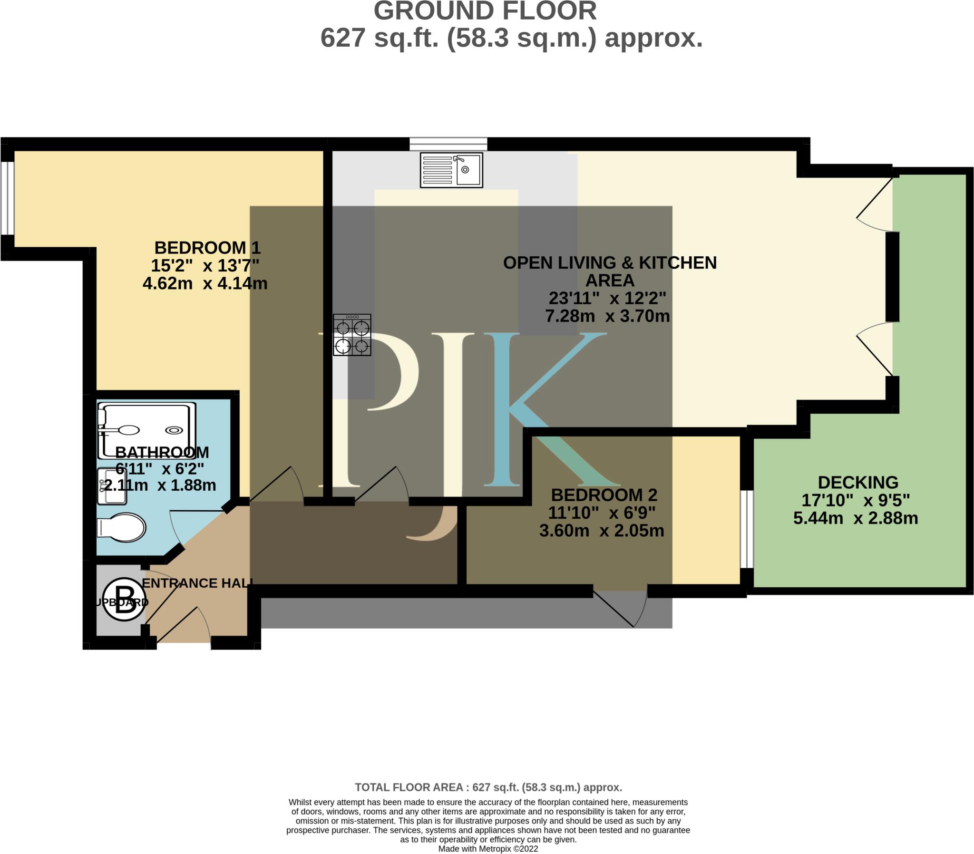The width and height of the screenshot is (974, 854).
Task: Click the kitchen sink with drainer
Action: coord(451,170)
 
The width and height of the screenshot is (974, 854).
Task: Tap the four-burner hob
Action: coord(352,335)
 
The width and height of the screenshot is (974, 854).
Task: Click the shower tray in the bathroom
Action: coord(147,430)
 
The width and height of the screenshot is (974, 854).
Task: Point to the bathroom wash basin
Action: coord(112,486)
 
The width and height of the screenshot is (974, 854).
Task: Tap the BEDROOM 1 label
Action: coord(207,248)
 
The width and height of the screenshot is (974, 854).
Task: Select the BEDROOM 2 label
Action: coord(604,495)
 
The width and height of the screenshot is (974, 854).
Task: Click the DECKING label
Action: coord(858,483)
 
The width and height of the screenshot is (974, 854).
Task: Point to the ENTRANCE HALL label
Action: coord(197,583)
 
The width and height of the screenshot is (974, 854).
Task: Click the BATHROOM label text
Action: coord(162,452)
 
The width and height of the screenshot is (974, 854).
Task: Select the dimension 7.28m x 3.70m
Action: coord(607,316)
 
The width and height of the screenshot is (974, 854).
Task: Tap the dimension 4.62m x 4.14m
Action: coord(205,283)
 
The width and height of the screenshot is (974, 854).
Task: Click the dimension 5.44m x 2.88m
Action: coord(856,518)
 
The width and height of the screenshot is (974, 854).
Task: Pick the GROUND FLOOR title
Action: coord(485,11)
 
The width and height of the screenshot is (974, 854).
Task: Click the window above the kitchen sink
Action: coord(448,144)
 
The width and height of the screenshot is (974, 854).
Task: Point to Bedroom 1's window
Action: coord(7,198)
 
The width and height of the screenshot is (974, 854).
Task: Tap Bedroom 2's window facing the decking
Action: coord(746,529)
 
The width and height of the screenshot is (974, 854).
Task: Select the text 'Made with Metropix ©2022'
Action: coord(488,849)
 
